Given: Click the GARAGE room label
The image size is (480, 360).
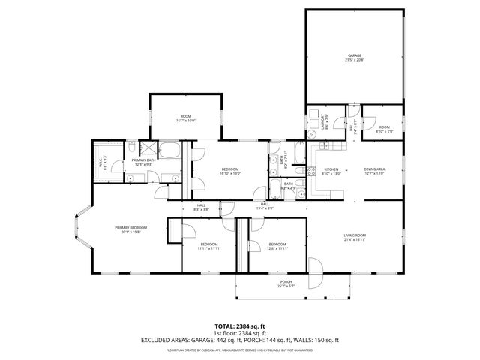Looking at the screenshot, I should coord(355,55).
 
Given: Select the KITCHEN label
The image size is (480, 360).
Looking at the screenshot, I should coord(331,170).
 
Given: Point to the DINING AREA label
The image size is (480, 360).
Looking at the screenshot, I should coord(374,170).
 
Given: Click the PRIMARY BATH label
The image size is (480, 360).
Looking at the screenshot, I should coord(143,160).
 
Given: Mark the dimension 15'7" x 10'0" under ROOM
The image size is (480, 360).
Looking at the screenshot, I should coord(185,121).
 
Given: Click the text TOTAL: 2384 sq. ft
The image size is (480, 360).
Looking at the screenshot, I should coord(240,325).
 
